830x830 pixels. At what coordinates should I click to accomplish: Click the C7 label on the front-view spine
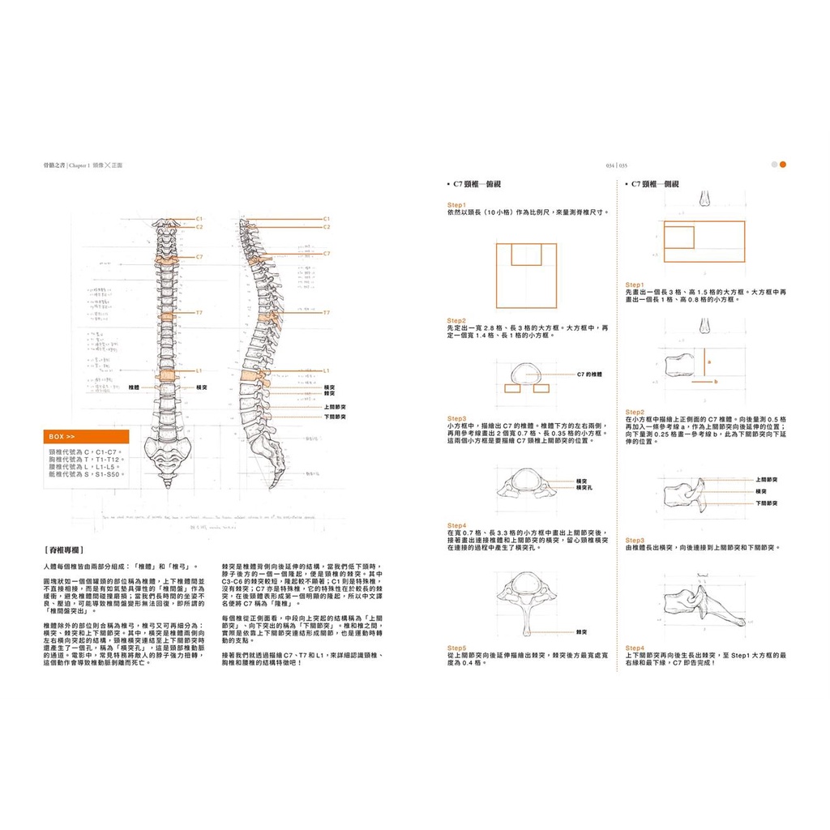[x=199, y=256]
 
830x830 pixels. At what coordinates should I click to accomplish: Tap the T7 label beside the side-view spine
[x=327, y=312]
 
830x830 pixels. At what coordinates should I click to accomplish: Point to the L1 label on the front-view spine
[x=199, y=370]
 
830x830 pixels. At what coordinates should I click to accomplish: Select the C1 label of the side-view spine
[x=327, y=219]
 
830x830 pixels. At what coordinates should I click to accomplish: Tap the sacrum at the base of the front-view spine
[x=167, y=449]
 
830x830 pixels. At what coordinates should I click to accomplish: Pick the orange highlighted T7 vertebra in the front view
[x=167, y=315]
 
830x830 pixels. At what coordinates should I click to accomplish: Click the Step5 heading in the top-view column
[x=457, y=648]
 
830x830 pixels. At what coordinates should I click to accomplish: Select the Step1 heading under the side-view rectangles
[x=635, y=285]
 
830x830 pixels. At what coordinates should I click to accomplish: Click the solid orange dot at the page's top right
[x=783, y=165]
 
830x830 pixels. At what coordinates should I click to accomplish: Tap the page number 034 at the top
[x=611, y=165]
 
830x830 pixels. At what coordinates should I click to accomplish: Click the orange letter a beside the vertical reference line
[x=708, y=362]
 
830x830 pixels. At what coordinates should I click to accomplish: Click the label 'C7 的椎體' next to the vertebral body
[x=589, y=374]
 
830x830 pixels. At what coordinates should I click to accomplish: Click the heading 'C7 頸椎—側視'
[x=656, y=185]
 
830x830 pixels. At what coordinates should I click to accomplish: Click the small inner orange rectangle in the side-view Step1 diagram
[x=679, y=237]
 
